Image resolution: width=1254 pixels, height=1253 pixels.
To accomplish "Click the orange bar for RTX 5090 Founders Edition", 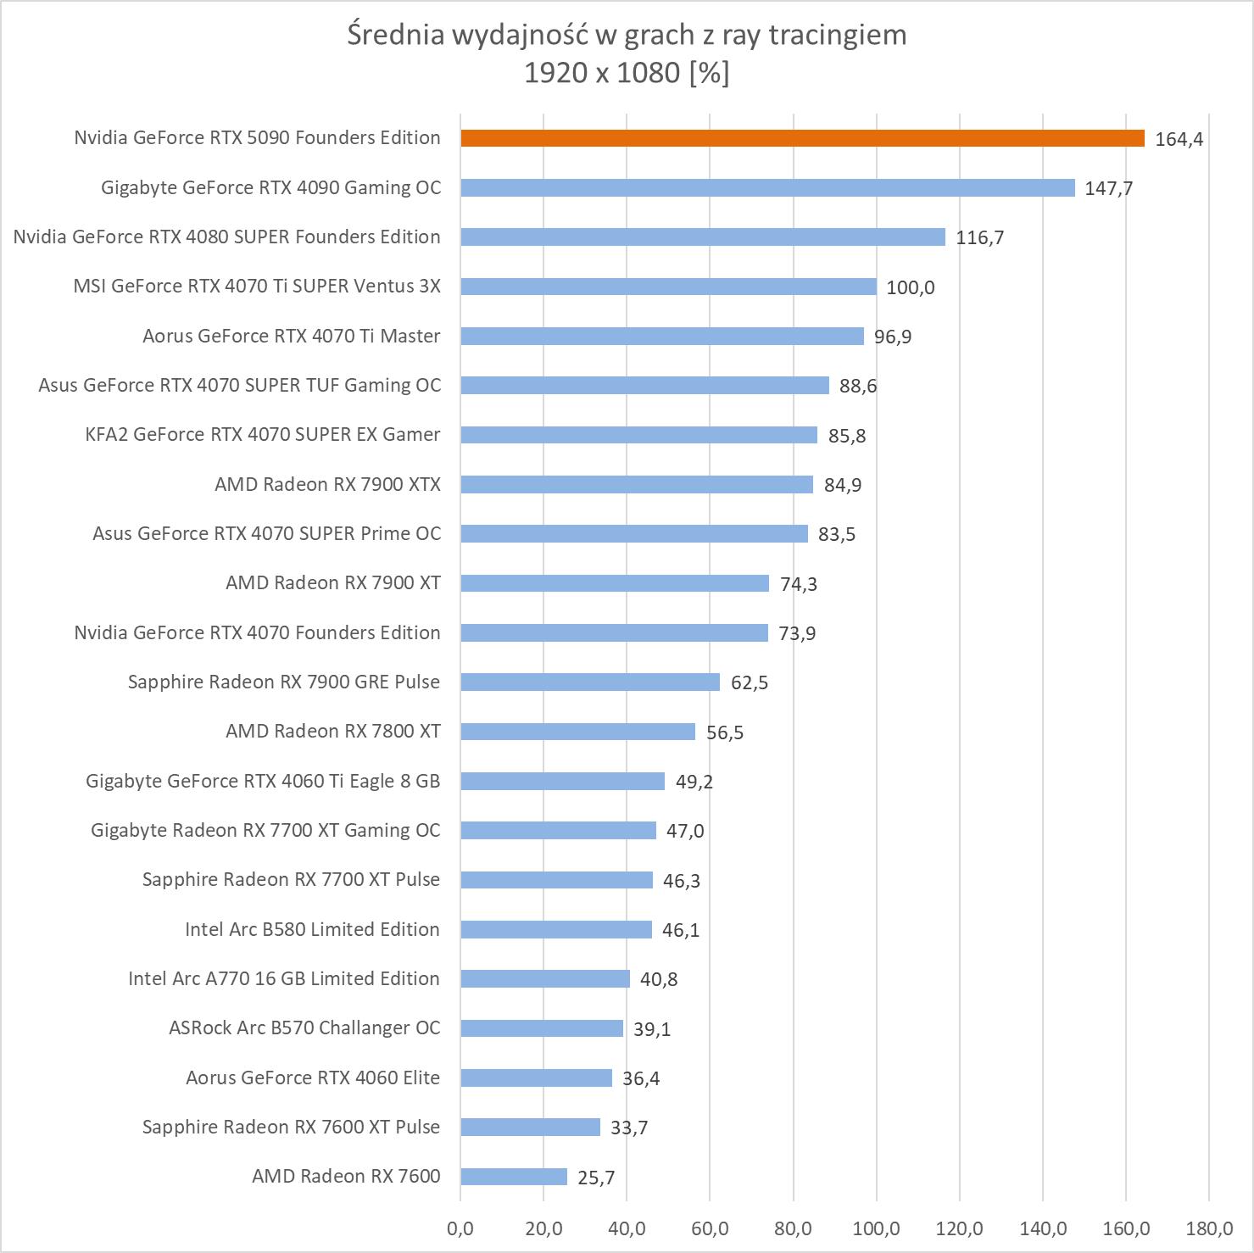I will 802,138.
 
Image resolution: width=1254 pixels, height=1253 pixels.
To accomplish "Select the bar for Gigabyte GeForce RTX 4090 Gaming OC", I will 767,187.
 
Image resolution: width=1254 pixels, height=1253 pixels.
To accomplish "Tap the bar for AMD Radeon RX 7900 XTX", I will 637,484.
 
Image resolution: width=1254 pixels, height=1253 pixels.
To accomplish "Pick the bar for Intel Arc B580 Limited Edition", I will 556,929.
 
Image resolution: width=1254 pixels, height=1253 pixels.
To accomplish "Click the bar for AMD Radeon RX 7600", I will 514,1177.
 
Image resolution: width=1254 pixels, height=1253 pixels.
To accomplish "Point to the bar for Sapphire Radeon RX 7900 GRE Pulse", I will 590,682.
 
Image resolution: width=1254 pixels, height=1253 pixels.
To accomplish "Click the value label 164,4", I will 1179,139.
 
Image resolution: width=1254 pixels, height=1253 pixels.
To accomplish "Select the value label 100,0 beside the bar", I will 910,287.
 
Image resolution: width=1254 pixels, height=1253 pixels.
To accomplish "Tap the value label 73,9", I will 797,633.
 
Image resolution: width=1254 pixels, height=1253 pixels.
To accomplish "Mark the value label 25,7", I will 596,1178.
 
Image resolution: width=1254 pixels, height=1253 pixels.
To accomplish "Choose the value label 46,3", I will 682,881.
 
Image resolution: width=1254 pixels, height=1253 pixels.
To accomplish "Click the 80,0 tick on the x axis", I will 794,1228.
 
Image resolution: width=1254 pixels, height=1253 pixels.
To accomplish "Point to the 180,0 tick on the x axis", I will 1209,1228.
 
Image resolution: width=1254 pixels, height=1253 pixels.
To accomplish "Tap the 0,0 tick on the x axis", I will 460,1228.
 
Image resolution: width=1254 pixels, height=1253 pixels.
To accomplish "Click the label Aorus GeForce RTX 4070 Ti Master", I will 292,336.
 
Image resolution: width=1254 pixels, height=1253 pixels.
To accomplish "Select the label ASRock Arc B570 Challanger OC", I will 304,1027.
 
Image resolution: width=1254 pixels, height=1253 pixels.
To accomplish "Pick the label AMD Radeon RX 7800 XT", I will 333,731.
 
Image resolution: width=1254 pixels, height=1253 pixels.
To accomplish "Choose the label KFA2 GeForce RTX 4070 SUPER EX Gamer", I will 263,434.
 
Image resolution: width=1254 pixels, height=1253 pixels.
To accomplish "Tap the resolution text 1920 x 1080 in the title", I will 602,73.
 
